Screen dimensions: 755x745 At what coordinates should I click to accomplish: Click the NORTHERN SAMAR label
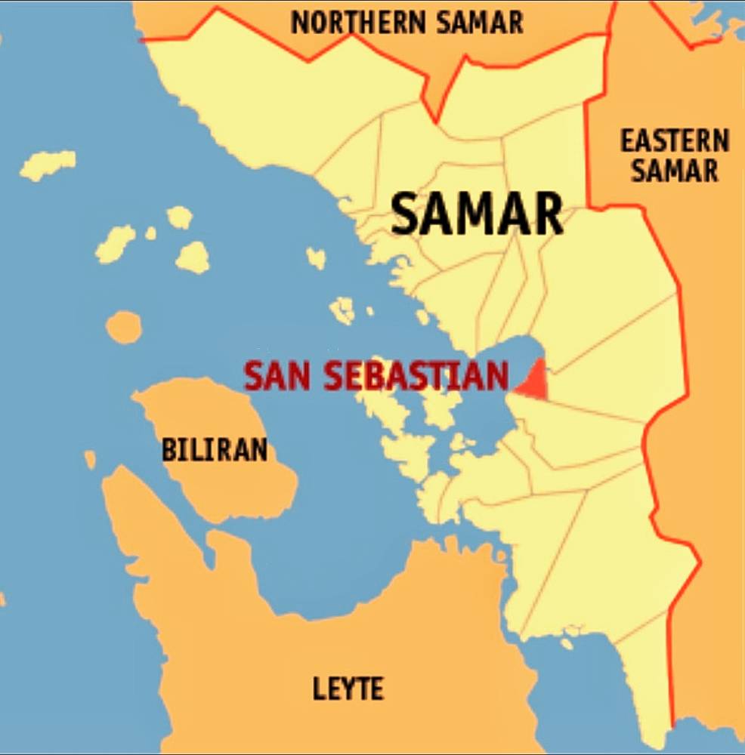click(x=407, y=23)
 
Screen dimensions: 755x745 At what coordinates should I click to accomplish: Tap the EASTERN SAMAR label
click(x=675, y=156)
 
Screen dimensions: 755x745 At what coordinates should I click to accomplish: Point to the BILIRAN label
click(x=215, y=451)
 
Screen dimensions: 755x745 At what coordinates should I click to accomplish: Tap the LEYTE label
click(x=348, y=689)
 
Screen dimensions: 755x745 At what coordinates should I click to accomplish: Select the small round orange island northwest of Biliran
click(x=123, y=327)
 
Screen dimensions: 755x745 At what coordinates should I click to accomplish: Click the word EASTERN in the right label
click(x=675, y=141)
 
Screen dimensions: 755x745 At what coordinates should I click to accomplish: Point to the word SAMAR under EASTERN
click(x=675, y=171)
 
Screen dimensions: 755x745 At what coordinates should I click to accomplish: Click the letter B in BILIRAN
click(x=168, y=451)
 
